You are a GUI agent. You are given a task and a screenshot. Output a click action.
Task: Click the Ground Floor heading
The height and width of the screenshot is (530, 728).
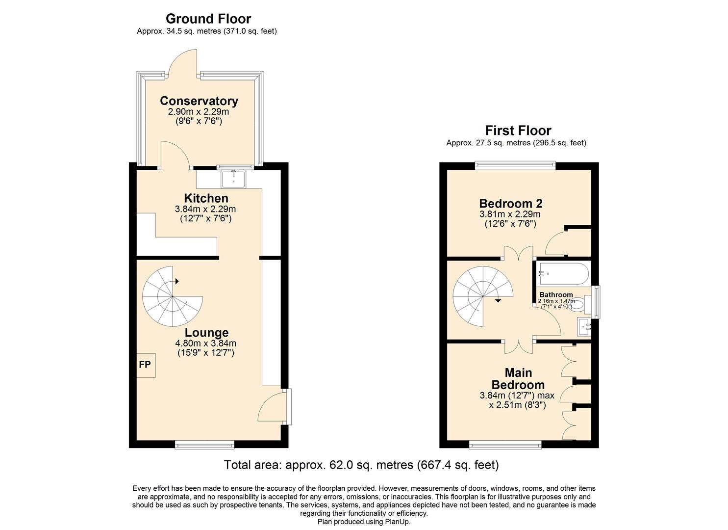[208, 19]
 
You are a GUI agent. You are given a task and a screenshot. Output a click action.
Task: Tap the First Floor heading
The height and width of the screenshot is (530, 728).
[518, 131]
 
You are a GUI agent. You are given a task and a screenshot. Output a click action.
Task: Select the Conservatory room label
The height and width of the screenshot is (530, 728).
[199, 101]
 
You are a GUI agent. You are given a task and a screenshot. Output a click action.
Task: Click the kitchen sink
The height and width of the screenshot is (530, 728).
[233, 179]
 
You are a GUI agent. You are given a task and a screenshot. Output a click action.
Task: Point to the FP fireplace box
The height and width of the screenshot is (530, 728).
[145, 365]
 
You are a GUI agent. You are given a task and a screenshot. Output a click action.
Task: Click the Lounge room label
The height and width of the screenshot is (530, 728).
[206, 333]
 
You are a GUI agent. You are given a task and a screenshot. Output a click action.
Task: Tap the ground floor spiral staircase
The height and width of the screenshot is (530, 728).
[172, 297]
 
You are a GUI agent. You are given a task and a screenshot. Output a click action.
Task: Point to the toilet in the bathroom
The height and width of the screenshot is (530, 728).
[579, 304]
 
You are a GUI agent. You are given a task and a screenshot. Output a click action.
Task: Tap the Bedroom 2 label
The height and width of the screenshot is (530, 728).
[510, 203]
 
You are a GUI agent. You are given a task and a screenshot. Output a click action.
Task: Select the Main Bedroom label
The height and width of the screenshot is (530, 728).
[518, 379]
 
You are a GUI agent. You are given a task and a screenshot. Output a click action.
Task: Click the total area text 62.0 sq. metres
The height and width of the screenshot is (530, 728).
[361, 465]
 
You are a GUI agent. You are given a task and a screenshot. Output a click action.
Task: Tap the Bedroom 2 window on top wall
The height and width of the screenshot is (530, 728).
[515, 166]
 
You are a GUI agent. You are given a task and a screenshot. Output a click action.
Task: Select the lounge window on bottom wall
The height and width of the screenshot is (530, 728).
[204, 445]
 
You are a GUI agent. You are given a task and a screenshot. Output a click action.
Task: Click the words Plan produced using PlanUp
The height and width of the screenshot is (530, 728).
[364, 522]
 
